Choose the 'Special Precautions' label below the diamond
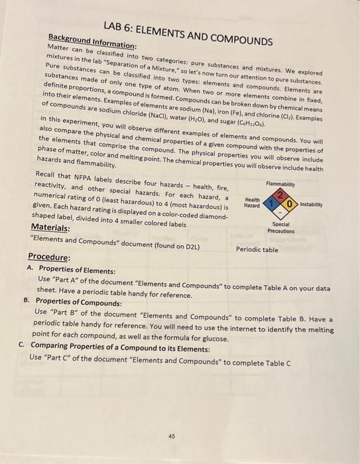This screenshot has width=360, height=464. click(x=280, y=227)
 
